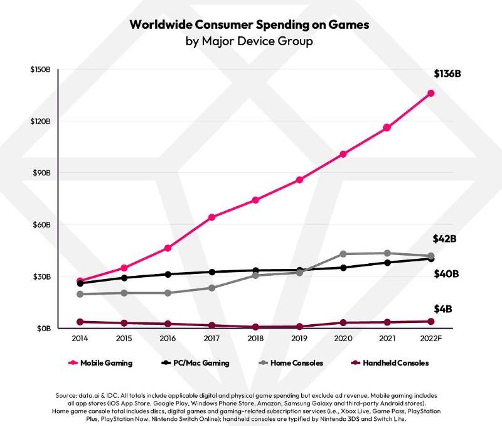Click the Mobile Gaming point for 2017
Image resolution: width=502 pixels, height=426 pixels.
pyautogui.click(x=212, y=217)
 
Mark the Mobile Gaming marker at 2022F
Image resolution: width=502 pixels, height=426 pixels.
pyautogui.click(x=431, y=93)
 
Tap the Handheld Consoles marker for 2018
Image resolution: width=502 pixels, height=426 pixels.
pyautogui.click(x=256, y=327)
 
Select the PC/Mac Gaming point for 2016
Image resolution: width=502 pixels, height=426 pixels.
pyautogui.click(x=168, y=274)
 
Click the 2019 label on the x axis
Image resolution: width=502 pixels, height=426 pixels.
pyautogui.click(x=299, y=337)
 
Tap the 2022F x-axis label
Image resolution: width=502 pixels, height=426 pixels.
pyautogui.click(x=431, y=337)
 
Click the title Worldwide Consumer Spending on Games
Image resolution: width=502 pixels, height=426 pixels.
pyautogui.click(x=249, y=25)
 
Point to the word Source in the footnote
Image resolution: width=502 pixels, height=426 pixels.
pyautogui.click(x=67, y=395)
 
